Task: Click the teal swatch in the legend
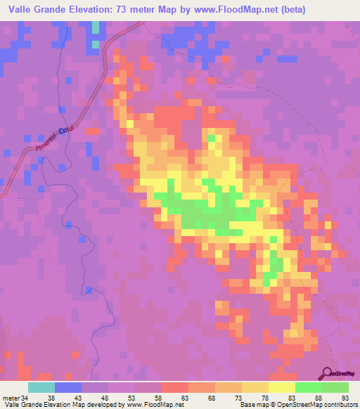coord(41,387)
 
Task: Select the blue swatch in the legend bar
coord(68,387)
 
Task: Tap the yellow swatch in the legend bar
coord(281,387)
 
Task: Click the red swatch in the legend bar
coord(175,387)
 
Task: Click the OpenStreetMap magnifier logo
coord(328,373)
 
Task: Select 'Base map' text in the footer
coord(252,405)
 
